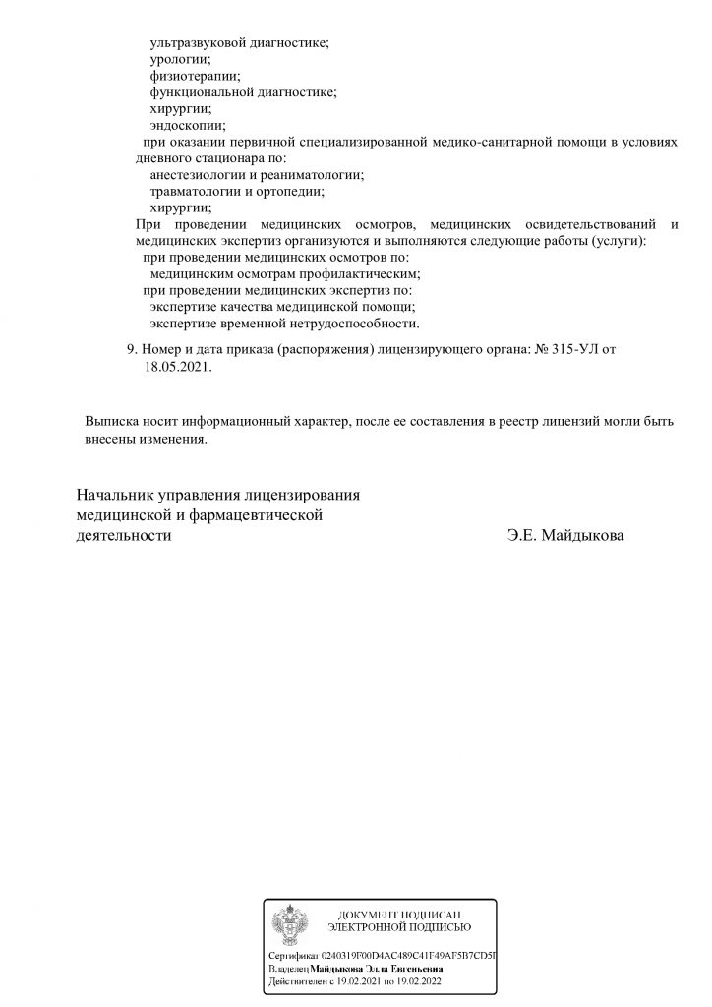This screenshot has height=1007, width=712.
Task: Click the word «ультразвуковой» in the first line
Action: [196, 43]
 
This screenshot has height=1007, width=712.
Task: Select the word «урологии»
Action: [174, 59]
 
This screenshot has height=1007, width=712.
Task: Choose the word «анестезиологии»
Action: [198, 174]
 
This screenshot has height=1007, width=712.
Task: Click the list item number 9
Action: [133, 349]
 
